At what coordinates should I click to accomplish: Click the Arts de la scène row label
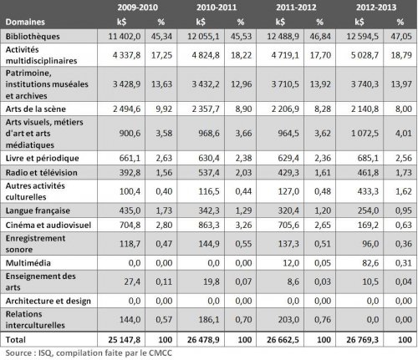pyautogui.click(x=36, y=108)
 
